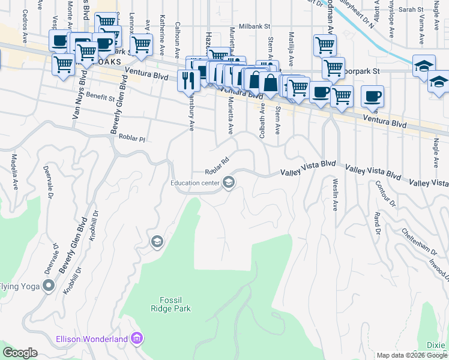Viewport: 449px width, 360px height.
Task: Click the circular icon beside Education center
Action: click(x=228, y=182)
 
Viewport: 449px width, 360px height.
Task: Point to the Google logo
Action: click(x=20, y=353)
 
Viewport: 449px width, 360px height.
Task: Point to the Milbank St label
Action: click(x=255, y=27)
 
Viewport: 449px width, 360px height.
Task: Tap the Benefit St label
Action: click(x=100, y=97)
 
